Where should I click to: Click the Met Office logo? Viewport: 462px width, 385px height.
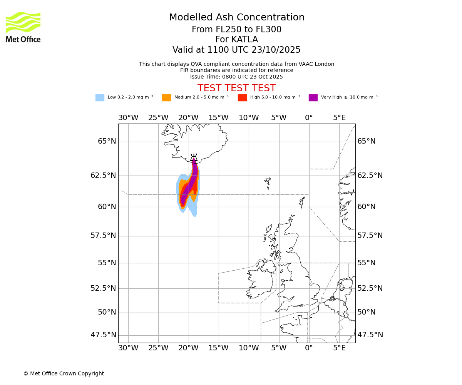coord(23,27)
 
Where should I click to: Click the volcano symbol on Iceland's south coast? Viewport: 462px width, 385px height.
coord(194,157)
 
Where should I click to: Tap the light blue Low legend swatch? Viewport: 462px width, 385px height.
coord(100,98)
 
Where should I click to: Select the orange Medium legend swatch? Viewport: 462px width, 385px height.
coord(166,98)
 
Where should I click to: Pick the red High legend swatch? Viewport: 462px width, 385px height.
coord(242,98)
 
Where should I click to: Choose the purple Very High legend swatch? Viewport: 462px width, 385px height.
coord(313,98)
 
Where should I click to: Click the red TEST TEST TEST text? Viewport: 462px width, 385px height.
coord(236,89)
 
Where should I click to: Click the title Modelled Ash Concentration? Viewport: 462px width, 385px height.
coord(236,18)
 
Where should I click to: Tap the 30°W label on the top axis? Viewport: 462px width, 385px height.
coord(128,118)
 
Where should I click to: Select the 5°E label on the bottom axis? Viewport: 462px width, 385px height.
coord(339,348)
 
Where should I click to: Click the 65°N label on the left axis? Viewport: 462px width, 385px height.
coord(107,141)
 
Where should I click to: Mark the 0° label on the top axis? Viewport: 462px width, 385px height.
coord(309,118)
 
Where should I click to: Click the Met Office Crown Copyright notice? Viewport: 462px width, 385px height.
coord(64,374)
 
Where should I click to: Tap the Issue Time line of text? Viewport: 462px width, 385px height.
coord(236,77)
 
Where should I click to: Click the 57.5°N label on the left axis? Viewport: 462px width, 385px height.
coord(103,236)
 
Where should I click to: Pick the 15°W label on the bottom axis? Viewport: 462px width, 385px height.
coord(219,348)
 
